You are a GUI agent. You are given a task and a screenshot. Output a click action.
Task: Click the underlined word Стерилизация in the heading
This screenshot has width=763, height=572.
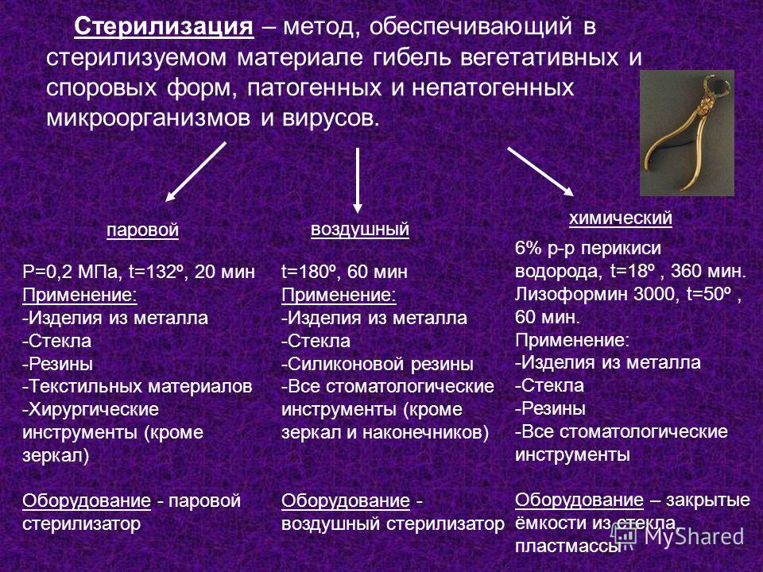point(164,27)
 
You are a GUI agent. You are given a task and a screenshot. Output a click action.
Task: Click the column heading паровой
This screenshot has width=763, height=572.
point(142,230)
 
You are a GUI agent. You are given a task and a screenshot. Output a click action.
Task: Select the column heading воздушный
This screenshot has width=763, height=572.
point(359,230)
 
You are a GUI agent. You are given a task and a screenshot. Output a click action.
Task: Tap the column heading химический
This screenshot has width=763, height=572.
point(621,218)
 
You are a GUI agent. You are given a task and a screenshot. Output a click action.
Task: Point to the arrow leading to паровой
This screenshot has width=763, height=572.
point(196,172)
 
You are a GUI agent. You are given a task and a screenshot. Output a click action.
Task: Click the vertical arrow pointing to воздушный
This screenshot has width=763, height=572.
point(358,180)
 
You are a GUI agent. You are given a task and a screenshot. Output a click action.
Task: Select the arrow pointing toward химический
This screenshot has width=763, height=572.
point(540,172)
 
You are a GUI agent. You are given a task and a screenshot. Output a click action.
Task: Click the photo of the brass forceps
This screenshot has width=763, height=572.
point(687,133)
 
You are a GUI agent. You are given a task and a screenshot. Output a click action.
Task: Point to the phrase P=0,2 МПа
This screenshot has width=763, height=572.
point(71,272)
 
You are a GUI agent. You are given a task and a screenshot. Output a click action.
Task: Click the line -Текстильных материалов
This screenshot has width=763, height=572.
point(137,386)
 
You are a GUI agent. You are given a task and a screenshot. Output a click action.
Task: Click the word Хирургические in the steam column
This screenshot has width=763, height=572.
point(91,410)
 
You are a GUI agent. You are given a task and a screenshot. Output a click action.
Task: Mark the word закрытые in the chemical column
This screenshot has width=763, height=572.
point(708,500)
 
